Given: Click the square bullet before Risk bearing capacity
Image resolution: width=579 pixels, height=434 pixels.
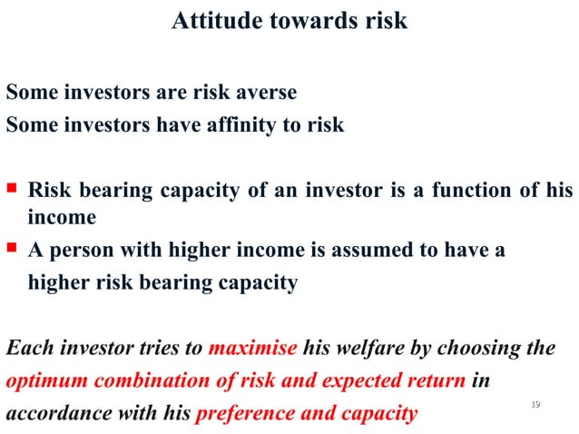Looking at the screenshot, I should (x=12, y=190).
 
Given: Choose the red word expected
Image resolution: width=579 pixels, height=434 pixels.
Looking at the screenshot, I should (x=345, y=381).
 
